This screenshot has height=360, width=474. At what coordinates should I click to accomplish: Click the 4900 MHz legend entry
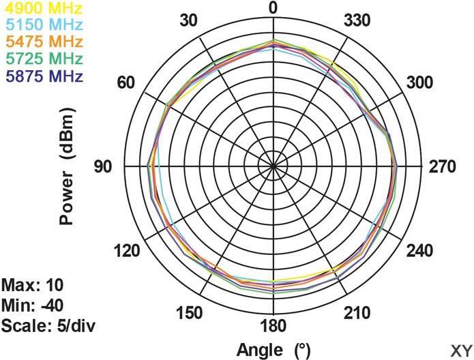[x=42, y=9]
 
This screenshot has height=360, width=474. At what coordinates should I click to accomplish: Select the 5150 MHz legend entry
[x=42, y=25]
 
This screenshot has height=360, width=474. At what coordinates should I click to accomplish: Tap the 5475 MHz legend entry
[x=42, y=42]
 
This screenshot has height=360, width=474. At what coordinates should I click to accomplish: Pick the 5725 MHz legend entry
[x=42, y=58]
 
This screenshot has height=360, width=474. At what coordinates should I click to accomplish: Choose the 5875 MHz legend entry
[x=42, y=74]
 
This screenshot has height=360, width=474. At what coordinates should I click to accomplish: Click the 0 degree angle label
[x=273, y=9]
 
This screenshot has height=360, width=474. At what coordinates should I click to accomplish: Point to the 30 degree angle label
[x=189, y=20]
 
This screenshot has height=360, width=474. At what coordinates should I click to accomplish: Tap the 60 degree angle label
[x=126, y=83]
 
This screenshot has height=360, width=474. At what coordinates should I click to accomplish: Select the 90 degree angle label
[x=103, y=166]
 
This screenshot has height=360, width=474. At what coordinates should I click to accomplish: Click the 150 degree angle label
[x=189, y=313]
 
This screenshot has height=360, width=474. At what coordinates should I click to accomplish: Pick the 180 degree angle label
[x=273, y=325]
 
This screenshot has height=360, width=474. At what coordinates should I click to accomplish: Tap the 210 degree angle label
[x=357, y=313]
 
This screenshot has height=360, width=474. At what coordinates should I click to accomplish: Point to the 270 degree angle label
[x=443, y=166]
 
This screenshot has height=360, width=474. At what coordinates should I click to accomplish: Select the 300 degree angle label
[x=420, y=83]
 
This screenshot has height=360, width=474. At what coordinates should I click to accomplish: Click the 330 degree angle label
[x=357, y=20]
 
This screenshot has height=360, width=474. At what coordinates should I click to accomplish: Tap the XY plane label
[x=461, y=348]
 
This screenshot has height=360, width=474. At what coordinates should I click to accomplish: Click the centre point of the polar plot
[x=273, y=166]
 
